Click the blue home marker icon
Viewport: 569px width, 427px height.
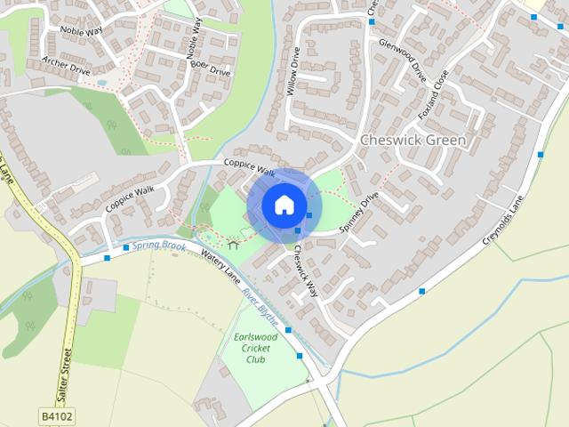point(284,205)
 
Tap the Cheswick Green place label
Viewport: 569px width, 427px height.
point(413,141)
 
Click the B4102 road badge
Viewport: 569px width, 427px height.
point(55,415)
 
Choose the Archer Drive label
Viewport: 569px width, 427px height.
point(66,67)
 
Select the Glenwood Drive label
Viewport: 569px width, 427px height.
point(403,60)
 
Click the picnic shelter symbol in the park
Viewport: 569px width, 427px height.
point(234,241)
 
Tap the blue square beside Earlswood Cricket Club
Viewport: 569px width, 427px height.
point(300,355)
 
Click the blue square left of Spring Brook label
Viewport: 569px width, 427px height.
point(126,247)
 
